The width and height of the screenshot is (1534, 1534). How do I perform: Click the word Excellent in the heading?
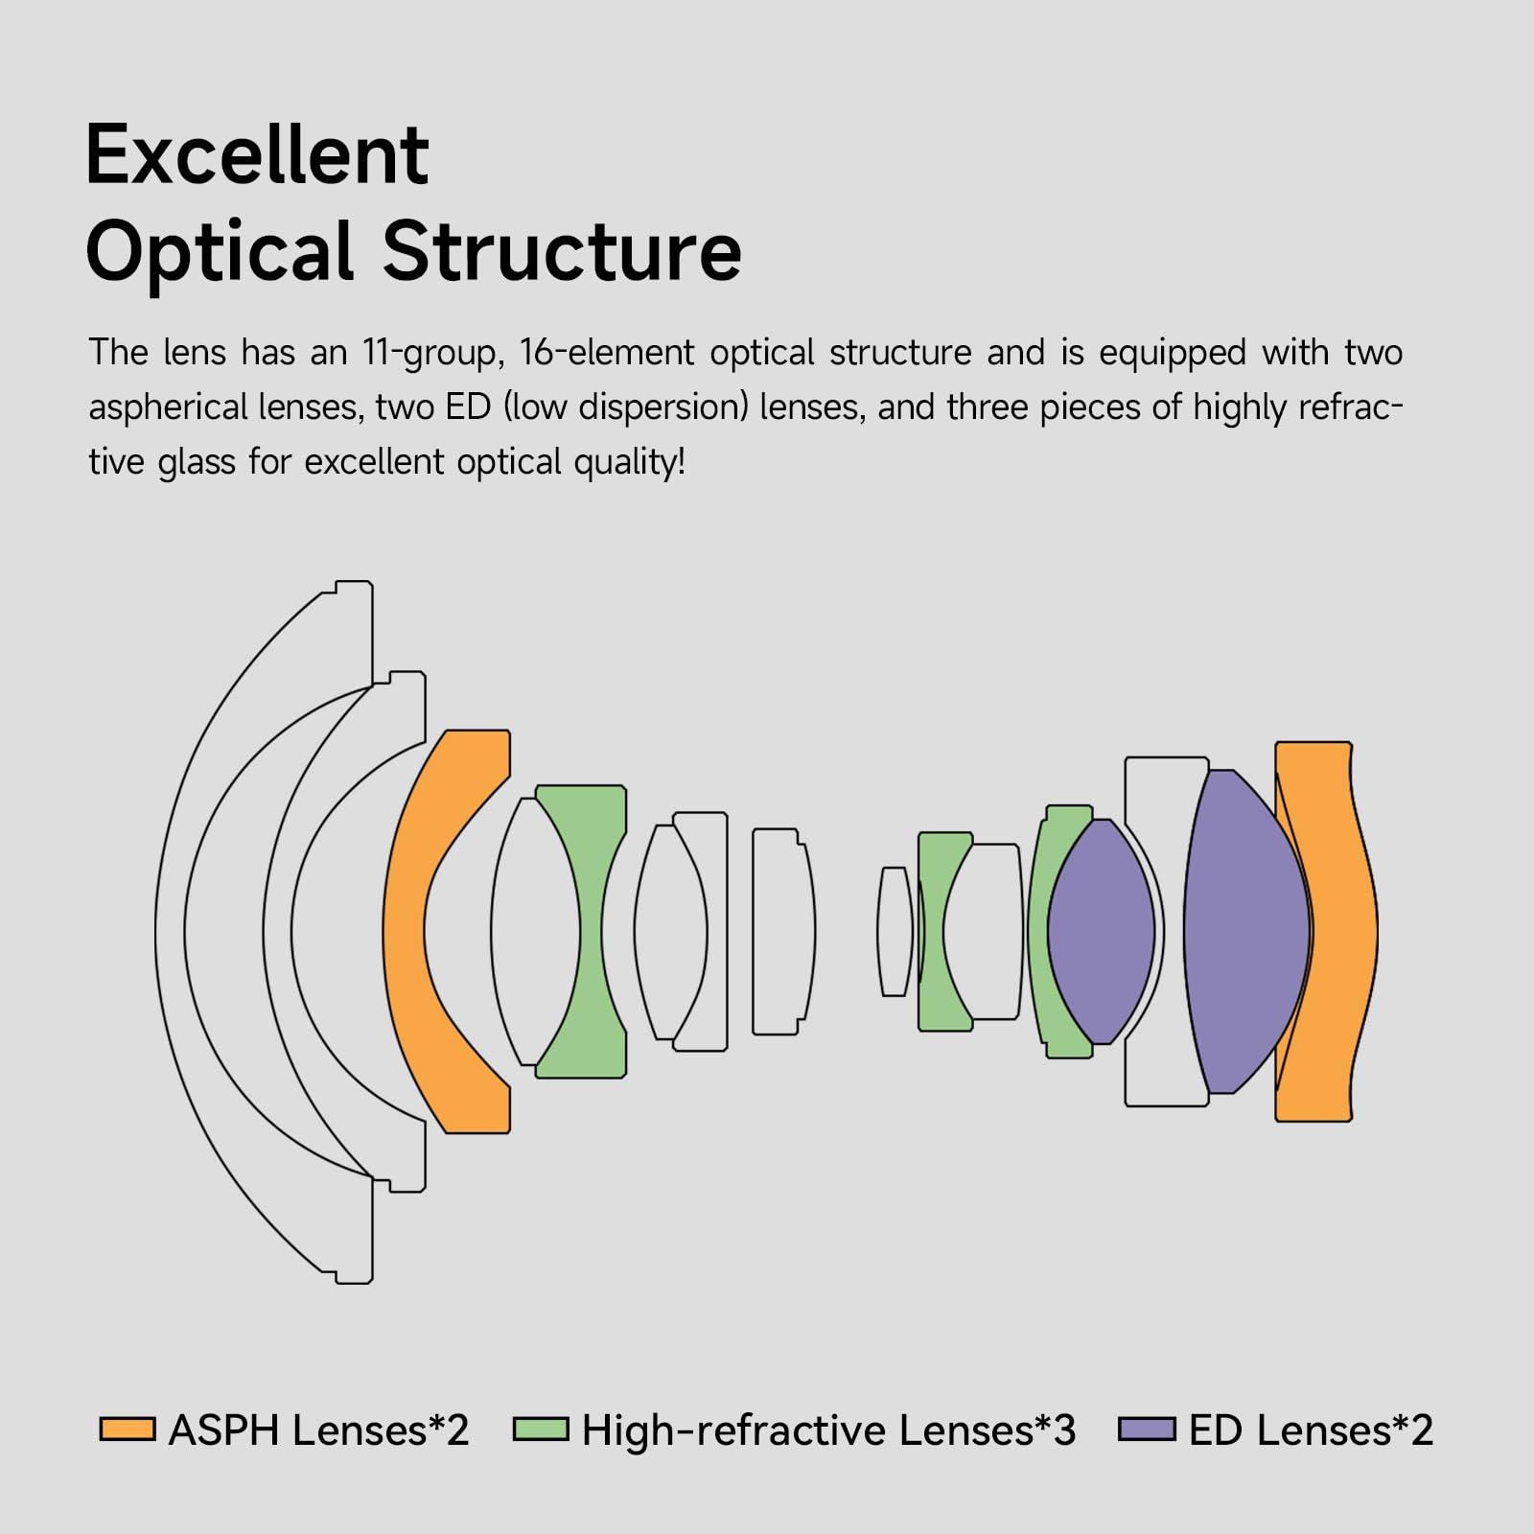point(257,155)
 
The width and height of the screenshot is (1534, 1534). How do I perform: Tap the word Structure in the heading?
point(562,251)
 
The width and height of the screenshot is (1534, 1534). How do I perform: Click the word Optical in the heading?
point(221,251)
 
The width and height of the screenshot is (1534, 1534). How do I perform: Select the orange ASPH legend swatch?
point(128,1429)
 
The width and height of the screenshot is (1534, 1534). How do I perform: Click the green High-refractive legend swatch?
point(541,1429)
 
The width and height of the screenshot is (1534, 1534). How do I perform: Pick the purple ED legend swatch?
point(1147,1429)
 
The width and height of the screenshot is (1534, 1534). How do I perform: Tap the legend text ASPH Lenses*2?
point(318,1429)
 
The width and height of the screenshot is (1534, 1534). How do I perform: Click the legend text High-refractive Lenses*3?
point(828,1429)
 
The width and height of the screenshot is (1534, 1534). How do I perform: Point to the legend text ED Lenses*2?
point(1311,1429)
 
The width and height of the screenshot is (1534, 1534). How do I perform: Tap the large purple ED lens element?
point(1244,930)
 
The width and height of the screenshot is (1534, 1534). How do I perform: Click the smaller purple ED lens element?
point(1101,930)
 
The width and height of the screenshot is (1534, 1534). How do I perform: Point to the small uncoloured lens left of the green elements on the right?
point(894,930)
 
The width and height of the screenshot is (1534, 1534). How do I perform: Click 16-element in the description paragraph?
point(606,353)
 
